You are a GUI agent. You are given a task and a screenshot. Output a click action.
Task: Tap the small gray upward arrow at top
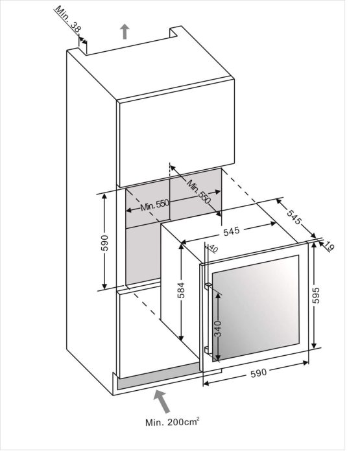point(125,32)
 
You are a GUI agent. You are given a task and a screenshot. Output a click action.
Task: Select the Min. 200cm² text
point(172,422)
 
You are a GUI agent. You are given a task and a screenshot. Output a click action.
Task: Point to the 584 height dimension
point(181,292)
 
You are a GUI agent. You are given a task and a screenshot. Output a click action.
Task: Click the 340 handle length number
point(218,328)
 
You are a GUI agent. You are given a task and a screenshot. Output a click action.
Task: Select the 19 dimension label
point(330,246)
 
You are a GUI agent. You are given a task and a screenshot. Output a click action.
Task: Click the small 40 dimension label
point(213,248)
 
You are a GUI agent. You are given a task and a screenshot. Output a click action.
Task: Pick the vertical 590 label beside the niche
point(104,242)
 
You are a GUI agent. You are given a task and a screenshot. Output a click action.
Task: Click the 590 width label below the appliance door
point(258,373)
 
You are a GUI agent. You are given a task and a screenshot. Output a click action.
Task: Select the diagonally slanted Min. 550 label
point(199,191)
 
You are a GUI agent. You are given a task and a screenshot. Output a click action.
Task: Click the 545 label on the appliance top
point(232,231)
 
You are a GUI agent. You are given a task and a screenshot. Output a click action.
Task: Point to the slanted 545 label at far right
point(294,216)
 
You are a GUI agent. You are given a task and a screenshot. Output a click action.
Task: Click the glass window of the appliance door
point(256,309)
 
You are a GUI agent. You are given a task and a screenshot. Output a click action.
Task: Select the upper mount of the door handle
point(208,286)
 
